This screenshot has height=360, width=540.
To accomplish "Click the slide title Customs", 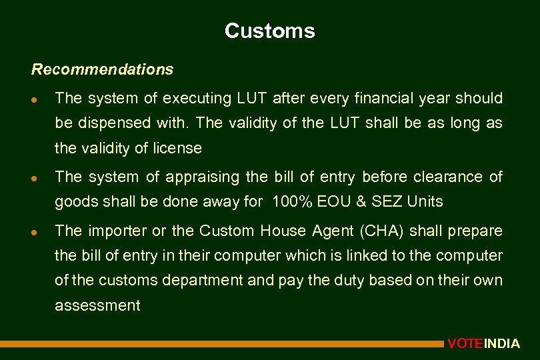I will [269, 31].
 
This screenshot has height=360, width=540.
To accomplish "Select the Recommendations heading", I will [102, 69].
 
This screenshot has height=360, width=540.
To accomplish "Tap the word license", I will [178, 148].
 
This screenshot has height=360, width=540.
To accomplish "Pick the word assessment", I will [97, 306].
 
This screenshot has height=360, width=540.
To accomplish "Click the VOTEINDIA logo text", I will [483, 344].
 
